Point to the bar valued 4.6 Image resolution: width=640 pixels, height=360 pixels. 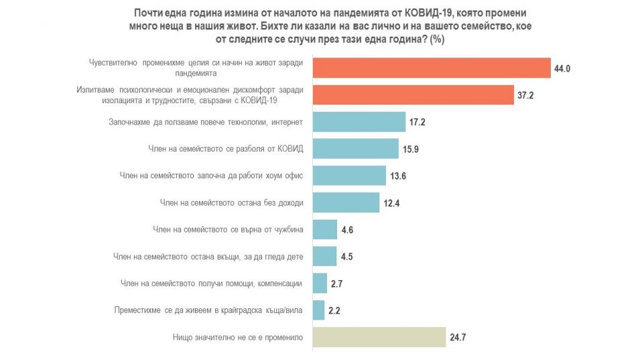(325, 229)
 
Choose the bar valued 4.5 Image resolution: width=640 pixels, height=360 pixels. (325, 256)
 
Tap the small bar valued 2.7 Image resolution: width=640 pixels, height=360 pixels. (320, 282)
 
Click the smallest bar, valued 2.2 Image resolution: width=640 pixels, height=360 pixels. (318, 309)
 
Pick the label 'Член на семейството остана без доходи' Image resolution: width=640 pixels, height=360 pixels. (232, 202)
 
